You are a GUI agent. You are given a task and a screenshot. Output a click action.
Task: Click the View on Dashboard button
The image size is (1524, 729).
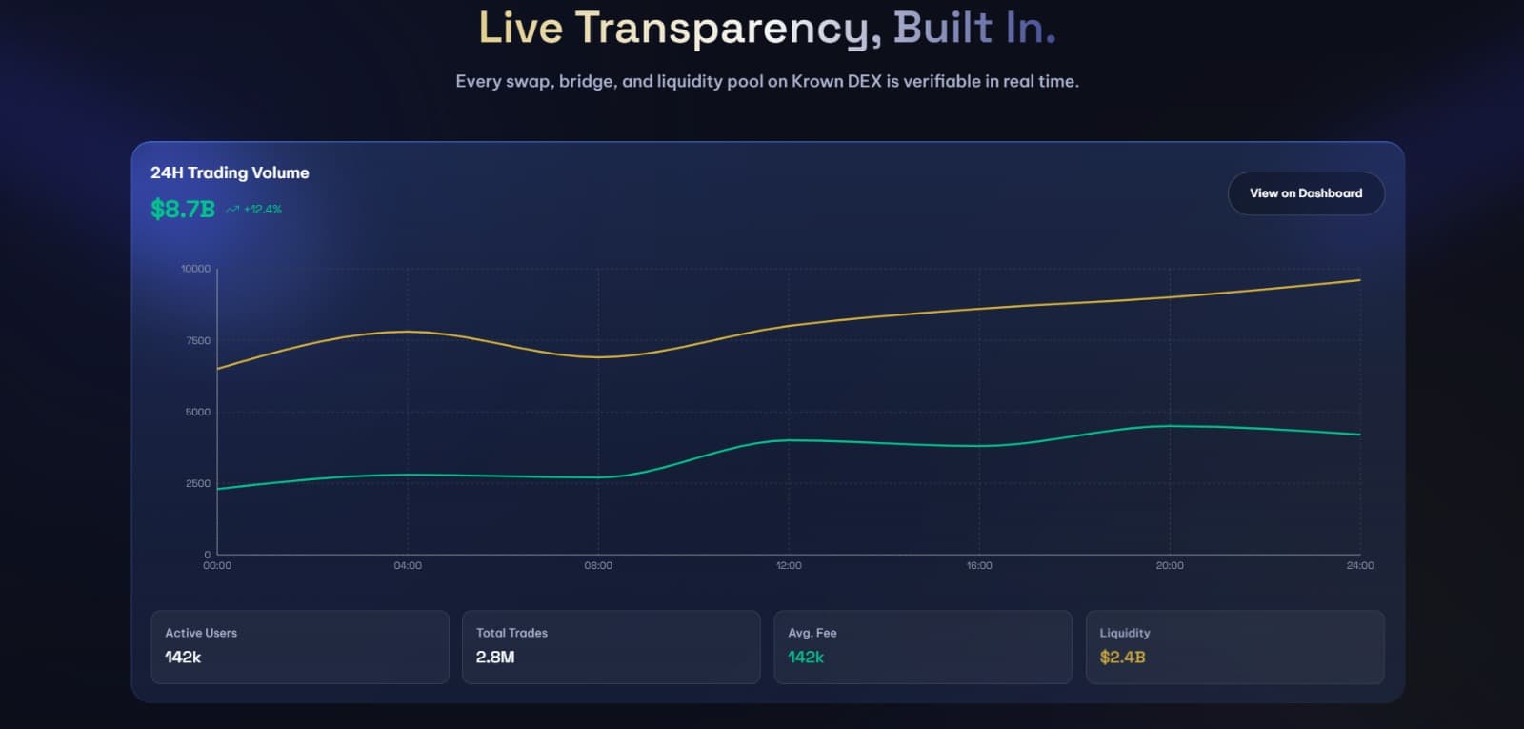pos(1305,193)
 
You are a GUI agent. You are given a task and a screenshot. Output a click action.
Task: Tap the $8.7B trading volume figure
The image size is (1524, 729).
pos(183,209)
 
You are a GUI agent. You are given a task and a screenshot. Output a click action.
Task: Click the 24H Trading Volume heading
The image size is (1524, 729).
pos(230,172)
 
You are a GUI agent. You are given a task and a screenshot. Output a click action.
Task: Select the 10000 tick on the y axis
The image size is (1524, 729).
pos(196,269)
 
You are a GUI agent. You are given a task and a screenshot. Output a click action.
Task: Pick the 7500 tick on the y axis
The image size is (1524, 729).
pos(198,340)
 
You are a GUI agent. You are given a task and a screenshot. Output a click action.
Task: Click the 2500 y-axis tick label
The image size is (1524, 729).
pos(198,483)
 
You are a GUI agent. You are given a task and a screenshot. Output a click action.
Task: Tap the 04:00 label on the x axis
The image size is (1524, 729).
pos(408,566)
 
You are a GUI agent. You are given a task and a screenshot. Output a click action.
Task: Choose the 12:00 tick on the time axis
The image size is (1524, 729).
pos(789,566)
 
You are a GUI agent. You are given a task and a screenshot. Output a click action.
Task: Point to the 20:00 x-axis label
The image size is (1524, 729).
pos(1170,566)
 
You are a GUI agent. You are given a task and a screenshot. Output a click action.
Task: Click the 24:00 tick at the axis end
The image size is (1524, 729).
pos(1360,566)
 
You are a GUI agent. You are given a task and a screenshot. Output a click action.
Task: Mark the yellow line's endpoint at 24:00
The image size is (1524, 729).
pos(1360,280)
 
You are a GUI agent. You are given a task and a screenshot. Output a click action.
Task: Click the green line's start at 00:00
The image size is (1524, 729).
pos(218,489)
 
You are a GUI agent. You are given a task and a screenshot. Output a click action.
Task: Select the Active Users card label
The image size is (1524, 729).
pos(201,633)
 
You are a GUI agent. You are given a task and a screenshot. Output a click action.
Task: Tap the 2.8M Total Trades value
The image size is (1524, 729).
pos(495,658)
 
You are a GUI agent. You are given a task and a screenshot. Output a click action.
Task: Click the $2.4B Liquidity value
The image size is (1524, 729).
pos(1122,658)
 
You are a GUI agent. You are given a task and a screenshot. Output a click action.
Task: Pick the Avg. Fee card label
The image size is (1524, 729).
pos(812,633)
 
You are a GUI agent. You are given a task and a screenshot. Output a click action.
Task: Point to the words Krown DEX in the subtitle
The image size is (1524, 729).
pos(836,82)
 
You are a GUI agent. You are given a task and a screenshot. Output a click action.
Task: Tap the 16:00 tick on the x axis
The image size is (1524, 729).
pos(979,566)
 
